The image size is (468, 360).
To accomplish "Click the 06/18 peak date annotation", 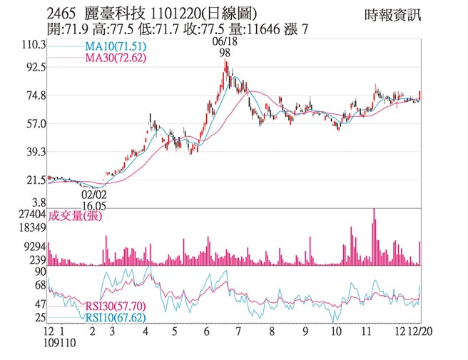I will click(224, 42).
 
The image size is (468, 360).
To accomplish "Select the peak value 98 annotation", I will click(225, 53).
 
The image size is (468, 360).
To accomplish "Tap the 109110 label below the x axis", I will click(61, 343).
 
